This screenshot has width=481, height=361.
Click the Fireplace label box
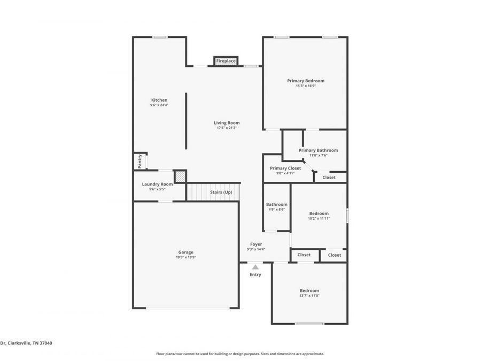(226, 61)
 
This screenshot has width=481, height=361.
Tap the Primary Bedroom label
(306, 81)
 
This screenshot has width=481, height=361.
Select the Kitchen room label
(159, 100)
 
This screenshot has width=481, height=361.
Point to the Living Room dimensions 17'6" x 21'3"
(227, 128)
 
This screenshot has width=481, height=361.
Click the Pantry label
(140, 161)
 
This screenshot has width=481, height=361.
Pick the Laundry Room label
(157, 184)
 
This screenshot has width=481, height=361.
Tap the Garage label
(186, 252)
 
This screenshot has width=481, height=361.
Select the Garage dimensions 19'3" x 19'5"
(186, 257)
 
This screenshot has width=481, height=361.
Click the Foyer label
(256, 244)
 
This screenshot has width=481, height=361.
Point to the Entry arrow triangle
(255, 267)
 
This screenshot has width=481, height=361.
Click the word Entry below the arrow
(255, 274)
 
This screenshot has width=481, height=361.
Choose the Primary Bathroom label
(318, 150)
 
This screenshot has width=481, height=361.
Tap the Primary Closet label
(285, 168)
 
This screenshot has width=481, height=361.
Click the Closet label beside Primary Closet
(329, 177)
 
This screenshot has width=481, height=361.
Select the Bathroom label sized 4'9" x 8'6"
(277, 204)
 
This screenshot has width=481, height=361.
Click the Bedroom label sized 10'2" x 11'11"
(319, 213)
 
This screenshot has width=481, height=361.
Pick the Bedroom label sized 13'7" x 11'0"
(309, 290)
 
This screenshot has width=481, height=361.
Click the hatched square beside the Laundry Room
(180, 176)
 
